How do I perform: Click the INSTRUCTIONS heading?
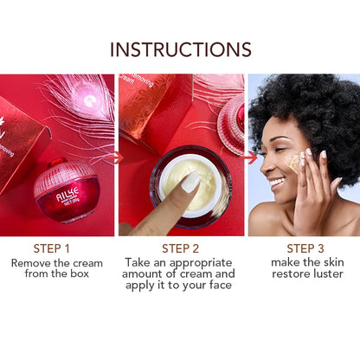(x=180, y=49)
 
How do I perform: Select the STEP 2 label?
(x=180, y=248)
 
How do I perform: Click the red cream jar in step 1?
(x=65, y=194)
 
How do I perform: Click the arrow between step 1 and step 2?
(x=117, y=157)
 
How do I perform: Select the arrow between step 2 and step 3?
(x=250, y=157)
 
